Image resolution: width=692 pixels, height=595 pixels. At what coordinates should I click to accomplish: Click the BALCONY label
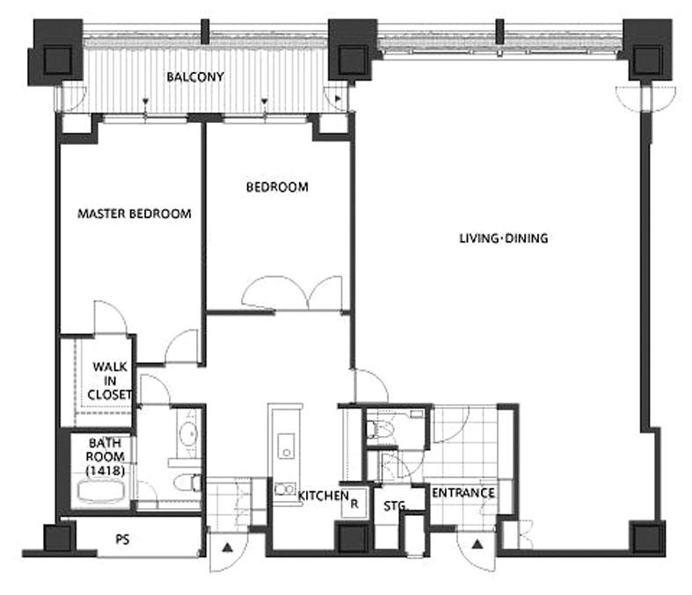[x=195, y=76]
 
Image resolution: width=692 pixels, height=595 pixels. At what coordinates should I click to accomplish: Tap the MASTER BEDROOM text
[x=135, y=214]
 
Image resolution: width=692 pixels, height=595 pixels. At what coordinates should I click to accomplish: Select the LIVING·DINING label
[x=504, y=238]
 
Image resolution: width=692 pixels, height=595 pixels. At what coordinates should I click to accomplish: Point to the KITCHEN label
[x=323, y=496]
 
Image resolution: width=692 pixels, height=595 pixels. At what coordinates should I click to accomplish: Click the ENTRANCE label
[x=463, y=493]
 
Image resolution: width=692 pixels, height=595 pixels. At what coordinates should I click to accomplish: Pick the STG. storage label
[x=395, y=506]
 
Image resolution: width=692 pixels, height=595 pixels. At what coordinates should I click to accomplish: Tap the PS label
[x=122, y=539]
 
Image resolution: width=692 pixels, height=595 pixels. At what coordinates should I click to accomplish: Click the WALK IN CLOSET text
[x=110, y=381]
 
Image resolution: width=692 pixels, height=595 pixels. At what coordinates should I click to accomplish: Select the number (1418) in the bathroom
[x=105, y=470]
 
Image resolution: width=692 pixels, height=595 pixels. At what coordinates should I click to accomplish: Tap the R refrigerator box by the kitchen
[x=354, y=504]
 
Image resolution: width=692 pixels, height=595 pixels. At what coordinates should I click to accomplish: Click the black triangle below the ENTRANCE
[x=477, y=544]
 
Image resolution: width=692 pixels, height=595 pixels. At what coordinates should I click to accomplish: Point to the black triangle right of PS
[x=227, y=548]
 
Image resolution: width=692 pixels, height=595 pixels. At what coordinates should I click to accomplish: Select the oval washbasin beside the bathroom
[x=189, y=433]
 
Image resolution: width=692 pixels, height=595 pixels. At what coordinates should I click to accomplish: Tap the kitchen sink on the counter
[x=286, y=446]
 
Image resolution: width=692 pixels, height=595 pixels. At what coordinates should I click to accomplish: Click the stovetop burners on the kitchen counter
[x=285, y=490]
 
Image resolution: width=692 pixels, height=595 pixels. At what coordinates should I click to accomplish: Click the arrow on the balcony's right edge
[x=338, y=98]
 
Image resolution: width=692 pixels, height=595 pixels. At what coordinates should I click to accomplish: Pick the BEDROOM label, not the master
[x=277, y=187]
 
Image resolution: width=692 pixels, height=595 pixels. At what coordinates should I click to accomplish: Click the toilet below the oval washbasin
[x=186, y=483]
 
